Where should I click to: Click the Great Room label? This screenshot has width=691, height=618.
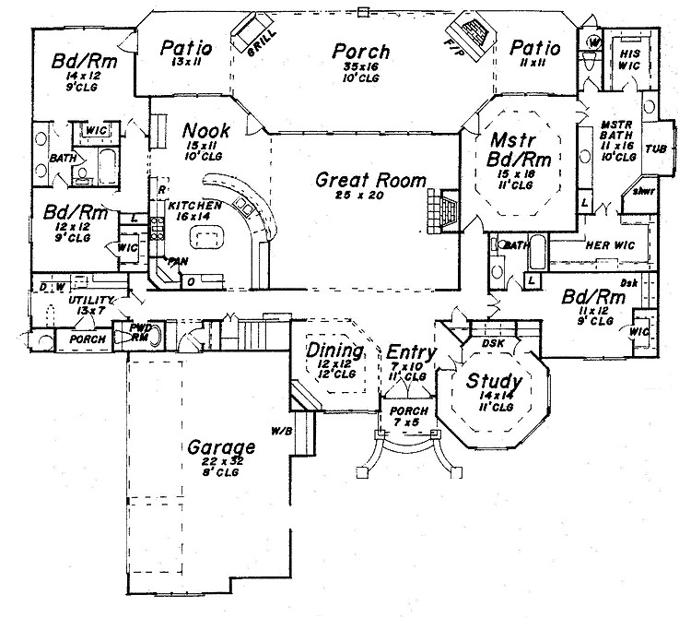click(370, 181)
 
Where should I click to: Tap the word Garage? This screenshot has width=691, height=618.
click(222, 447)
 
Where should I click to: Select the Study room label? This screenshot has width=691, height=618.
click(494, 381)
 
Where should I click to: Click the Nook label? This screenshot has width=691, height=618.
click(206, 130)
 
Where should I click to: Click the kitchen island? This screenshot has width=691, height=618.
click(205, 240)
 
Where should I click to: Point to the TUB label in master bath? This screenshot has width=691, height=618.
click(655, 148)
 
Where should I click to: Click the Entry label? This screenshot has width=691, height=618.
click(405, 352)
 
